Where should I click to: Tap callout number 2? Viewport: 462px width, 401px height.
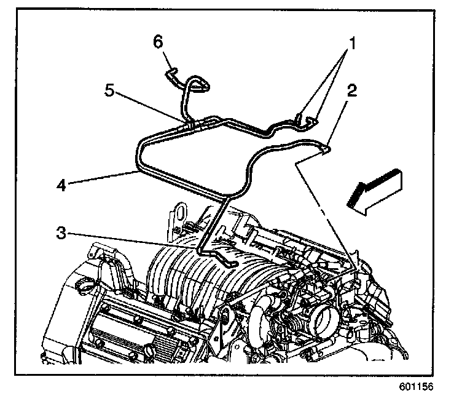(x=351, y=92)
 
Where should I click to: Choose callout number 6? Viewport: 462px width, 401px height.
(x=159, y=41)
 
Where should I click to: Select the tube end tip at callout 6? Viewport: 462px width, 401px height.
(x=170, y=73)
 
